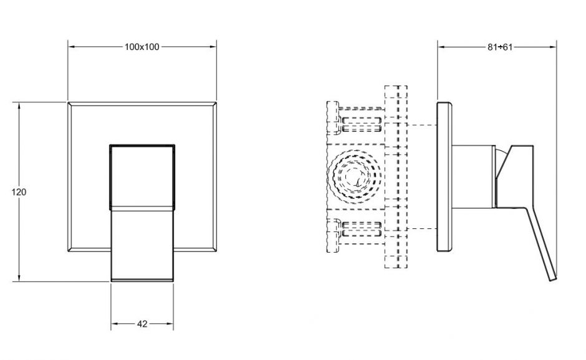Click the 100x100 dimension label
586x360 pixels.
pos(142,47)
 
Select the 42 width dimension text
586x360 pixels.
pos(142,324)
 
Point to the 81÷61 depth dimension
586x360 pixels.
pos(499,47)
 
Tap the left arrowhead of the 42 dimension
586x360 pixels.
pos(114,324)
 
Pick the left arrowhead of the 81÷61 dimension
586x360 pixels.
pos(441,47)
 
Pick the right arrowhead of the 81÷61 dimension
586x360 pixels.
pos(553,47)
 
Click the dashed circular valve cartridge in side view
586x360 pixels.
pos(353,177)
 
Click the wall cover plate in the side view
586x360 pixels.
pos(444,177)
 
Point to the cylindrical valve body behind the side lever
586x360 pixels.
pos(472,177)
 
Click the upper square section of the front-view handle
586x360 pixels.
pos(142,175)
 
